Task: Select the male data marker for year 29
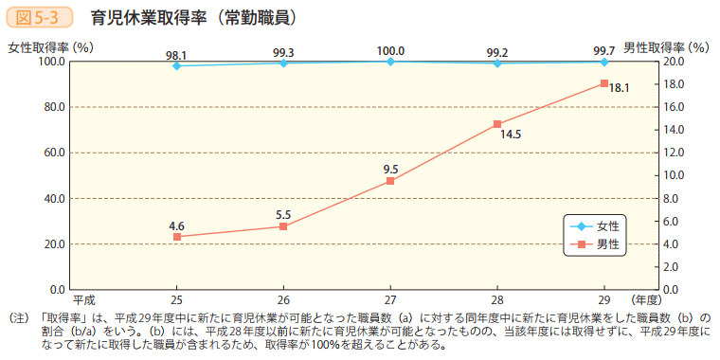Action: coord(603,83)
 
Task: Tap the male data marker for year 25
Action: coord(176,237)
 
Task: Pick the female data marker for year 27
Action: coord(390,62)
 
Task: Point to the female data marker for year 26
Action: coord(283,63)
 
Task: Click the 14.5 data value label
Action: coord(512,135)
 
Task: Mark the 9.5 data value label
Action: coord(390,169)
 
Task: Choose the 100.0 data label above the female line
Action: coord(390,50)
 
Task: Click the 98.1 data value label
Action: coord(176,55)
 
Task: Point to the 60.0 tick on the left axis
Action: coord(51,153)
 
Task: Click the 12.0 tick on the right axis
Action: coord(674,153)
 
